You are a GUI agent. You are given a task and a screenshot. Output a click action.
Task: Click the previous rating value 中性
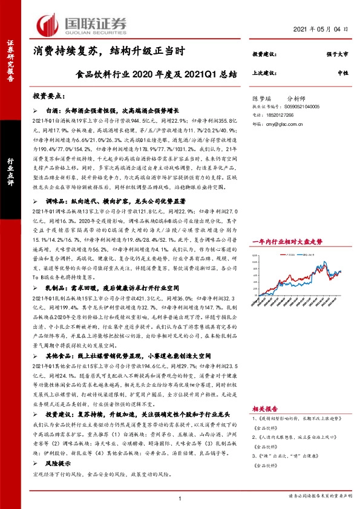(x=342, y=73)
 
